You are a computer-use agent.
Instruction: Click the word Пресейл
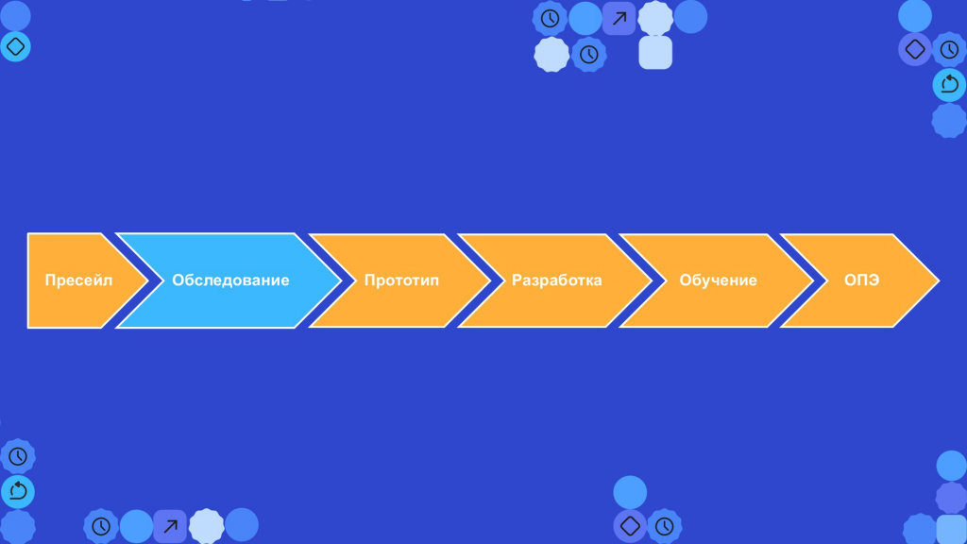pos(78,280)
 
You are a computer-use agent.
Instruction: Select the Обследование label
pos(230,280)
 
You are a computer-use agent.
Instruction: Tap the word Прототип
pos(401,280)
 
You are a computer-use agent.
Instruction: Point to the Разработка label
pos(557,280)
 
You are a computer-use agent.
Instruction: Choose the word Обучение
pos(718,280)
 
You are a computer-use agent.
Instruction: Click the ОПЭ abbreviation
pos(861,280)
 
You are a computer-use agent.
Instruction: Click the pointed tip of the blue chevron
pos(340,280)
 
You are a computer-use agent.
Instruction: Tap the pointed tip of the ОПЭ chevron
pos(939,280)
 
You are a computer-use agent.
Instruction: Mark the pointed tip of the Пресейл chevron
pos(148,280)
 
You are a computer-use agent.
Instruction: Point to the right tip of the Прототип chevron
pos(490,280)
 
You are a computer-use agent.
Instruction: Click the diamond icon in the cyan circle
pos(15,46)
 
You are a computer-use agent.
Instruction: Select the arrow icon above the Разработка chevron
pos(619,19)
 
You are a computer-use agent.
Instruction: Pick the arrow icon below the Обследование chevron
pos(170,526)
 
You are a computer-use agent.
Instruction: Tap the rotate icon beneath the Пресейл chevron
pos(18,491)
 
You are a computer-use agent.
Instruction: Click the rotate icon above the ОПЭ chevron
pos(950,84)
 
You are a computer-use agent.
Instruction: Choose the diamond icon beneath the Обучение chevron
pos(630,525)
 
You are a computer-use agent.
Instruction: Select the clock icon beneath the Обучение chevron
pos(664,526)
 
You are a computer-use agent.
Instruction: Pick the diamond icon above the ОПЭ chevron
pos(915,49)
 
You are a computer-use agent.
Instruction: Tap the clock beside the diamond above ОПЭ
pos(949,49)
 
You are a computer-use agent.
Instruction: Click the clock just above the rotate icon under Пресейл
pos(18,456)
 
